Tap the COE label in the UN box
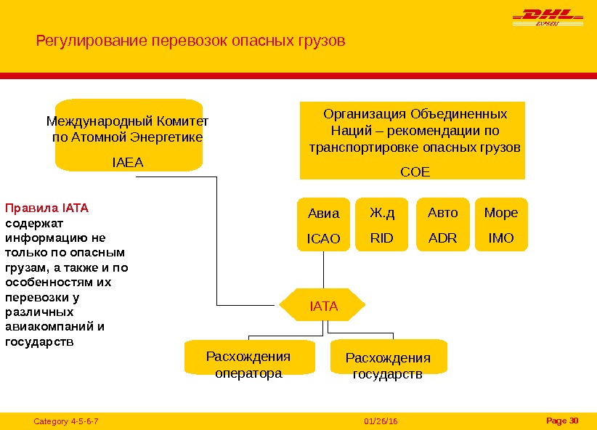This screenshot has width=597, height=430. click(x=415, y=171)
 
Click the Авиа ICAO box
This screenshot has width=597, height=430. click(x=324, y=224)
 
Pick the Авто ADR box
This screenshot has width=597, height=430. click(x=443, y=224)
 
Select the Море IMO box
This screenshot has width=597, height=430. click(x=501, y=224)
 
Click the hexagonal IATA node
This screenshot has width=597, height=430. click(x=324, y=306)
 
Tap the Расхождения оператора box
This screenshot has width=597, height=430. click(x=249, y=365)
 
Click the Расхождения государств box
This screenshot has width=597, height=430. click(x=388, y=366)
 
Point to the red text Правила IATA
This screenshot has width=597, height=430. click(x=46, y=208)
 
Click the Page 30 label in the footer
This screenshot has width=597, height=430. click(x=561, y=421)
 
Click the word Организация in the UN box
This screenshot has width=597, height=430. click(x=365, y=114)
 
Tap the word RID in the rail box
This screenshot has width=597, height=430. click(x=381, y=238)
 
